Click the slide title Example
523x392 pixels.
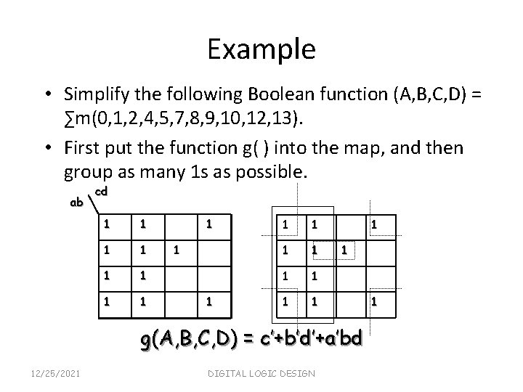pos(261,49)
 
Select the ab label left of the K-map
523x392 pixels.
pos(77,203)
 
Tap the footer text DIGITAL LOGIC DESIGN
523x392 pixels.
pos(262,373)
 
